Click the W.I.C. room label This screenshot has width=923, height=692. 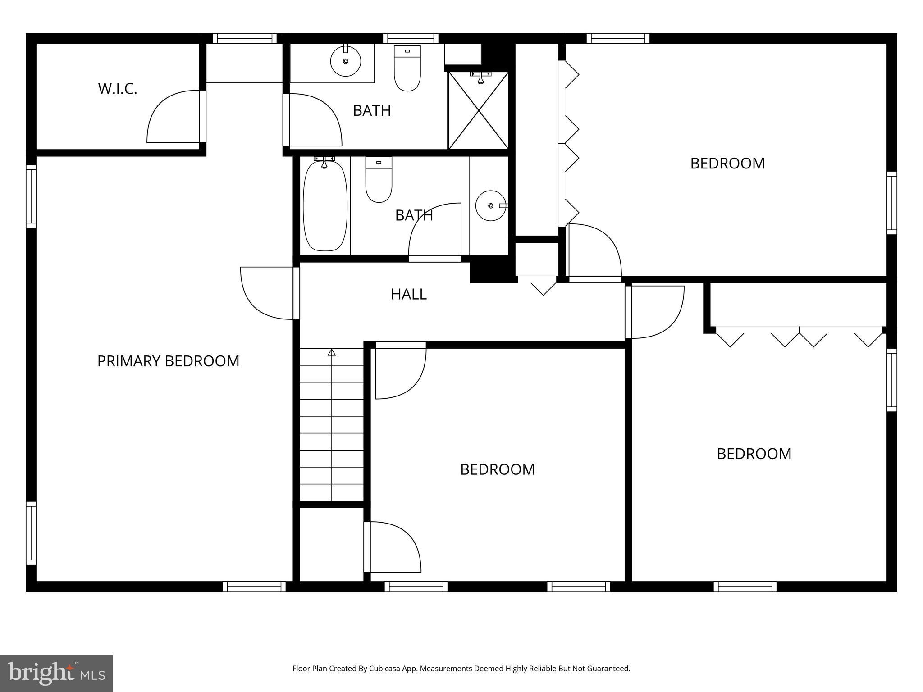tap(117, 89)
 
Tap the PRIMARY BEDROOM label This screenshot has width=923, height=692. tap(168, 361)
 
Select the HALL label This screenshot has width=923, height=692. tap(408, 294)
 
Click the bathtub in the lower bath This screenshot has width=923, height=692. tap(325, 205)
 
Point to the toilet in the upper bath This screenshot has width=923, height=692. tap(407, 68)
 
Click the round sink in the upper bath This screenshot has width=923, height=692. tap(346, 61)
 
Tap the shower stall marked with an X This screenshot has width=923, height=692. tap(479, 111)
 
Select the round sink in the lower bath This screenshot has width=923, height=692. tap(490, 206)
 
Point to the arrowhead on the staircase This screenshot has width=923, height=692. tap(332, 352)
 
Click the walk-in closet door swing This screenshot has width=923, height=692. tap(174, 117)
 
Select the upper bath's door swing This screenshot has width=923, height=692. tap(315, 120)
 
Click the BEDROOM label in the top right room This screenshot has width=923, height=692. tap(727, 163)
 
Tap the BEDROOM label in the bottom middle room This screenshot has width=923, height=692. tap(497, 469)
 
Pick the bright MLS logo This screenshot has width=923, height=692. tap(56, 674)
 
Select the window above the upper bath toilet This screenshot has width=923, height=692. tap(411, 38)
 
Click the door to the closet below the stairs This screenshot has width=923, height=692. tap(392, 547)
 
